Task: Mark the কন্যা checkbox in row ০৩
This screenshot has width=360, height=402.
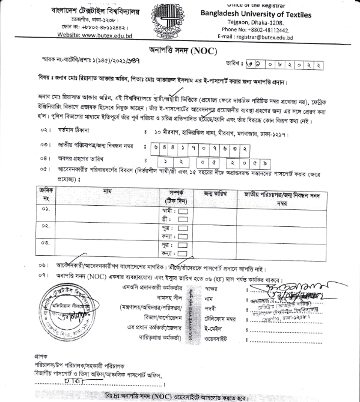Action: pos(183,253)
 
